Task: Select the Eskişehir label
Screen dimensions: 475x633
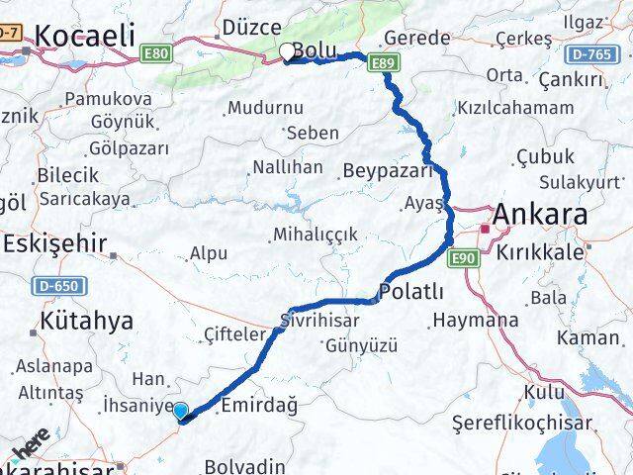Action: click(x=57, y=242)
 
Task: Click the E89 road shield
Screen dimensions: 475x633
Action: click(x=386, y=64)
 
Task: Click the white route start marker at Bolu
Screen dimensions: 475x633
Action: click(x=288, y=51)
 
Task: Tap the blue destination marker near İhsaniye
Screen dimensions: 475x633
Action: click(x=180, y=411)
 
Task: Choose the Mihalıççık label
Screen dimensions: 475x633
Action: click(x=316, y=235)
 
